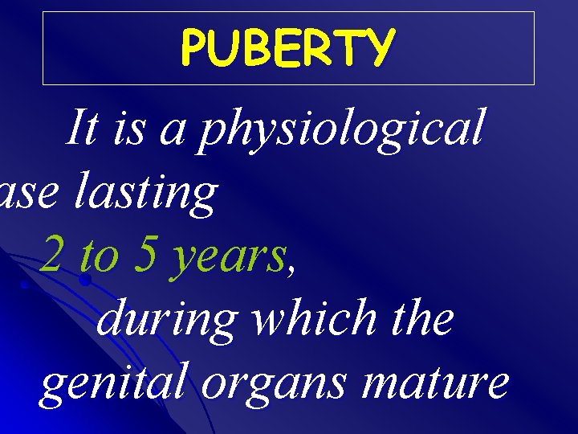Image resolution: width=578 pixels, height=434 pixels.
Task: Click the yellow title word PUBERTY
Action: click(287, 48)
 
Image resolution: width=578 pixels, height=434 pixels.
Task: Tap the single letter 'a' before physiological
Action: click(172, 133)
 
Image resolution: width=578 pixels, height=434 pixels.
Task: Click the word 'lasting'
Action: click(145, 194)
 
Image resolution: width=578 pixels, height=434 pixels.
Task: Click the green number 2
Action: click(54, 256)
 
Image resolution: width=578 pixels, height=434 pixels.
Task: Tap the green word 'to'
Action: click(100, 257)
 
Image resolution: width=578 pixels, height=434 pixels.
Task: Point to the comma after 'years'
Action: click(291, 270)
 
